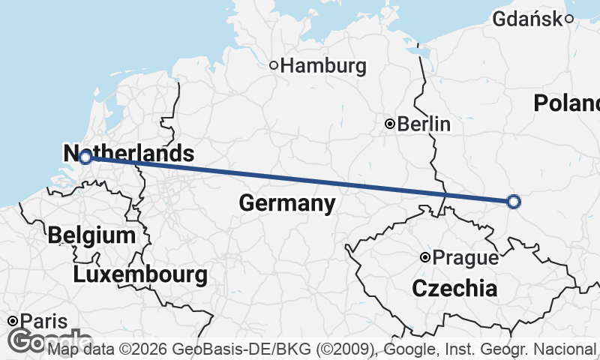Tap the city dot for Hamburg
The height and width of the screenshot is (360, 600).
coord(274,65)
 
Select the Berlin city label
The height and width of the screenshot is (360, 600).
coord(424,124)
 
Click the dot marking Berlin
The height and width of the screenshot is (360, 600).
coord(390,124)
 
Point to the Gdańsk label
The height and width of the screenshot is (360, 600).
coord(527,19)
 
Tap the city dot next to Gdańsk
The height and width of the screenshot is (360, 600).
coord(570,19)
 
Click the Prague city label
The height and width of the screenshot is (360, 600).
coord(466,258)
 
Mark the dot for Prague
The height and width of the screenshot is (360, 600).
coord(425,257)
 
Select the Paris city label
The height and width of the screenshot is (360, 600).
coord(43,321)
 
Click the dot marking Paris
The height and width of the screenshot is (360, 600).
coord(13,321)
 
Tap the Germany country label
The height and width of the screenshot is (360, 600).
coord(287,202)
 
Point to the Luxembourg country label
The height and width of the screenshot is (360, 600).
coord(140,274)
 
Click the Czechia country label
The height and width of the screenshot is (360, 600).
coord(454,288)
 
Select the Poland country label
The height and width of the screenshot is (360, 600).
coord(567,103)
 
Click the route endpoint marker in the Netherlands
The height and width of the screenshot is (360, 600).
coord(85,157)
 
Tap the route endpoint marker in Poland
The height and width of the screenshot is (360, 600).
coord(513,201)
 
